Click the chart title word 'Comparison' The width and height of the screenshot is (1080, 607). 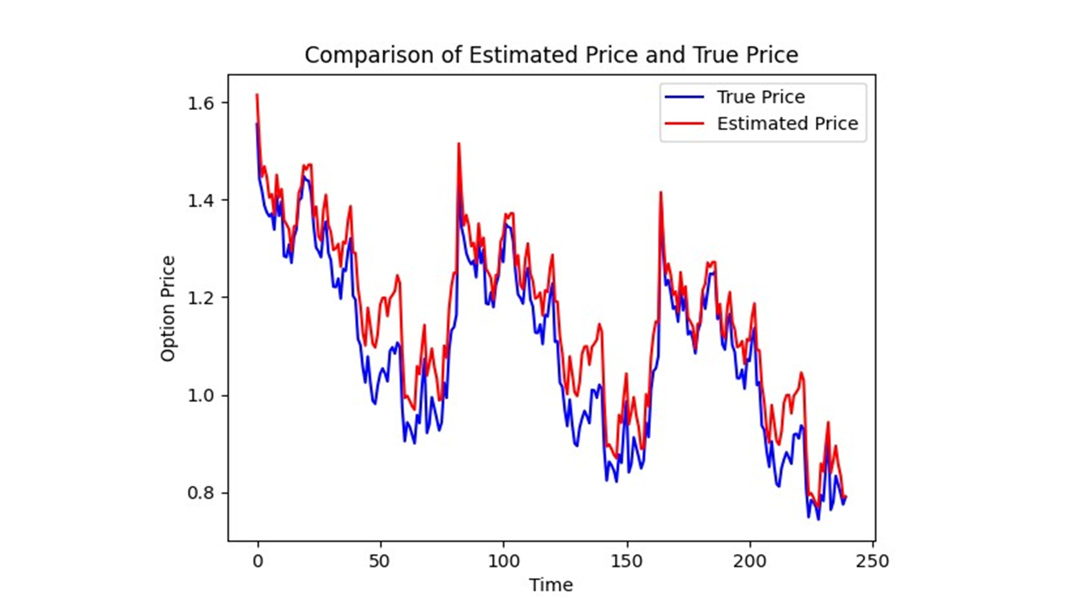point(369,55)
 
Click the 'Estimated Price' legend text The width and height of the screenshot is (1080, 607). point(787,124)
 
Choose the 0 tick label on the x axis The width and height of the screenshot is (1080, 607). point(258,561)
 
